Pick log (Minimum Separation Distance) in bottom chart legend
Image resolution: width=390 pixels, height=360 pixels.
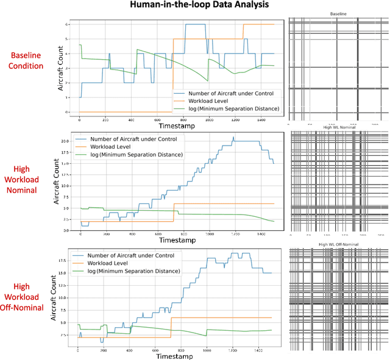point(135,270)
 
